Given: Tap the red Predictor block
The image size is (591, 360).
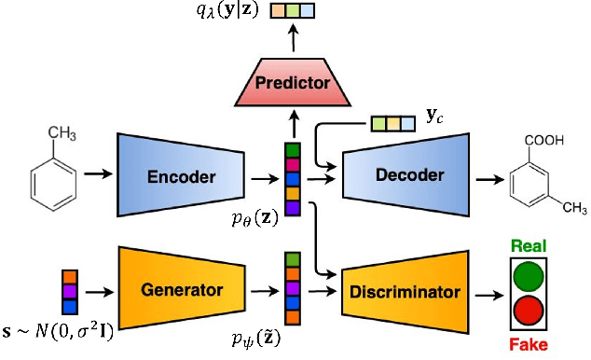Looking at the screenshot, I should coord(294,82).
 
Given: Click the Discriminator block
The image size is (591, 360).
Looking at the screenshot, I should coord(405,291).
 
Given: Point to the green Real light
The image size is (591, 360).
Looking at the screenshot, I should coord(529,276).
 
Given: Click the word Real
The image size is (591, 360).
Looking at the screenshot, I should coord(529,246).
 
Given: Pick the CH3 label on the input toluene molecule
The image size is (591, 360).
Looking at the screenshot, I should coord(62,132).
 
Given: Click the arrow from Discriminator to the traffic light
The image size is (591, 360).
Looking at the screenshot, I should coord(484,292).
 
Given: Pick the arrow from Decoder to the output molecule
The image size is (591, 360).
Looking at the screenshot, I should coord(487,173).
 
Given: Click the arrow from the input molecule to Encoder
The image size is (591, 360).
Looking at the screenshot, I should coord(96,173).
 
